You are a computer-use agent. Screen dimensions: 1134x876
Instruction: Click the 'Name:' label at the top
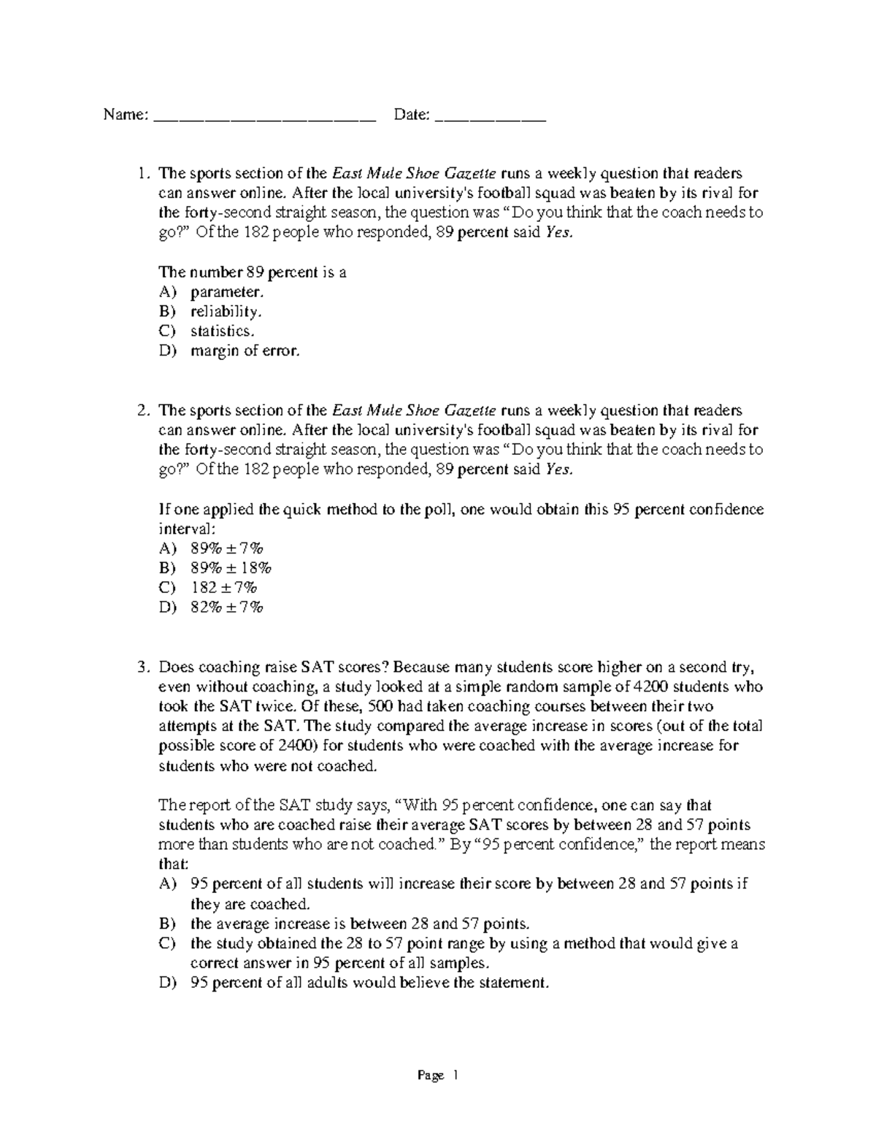pyautogui.click(x=126, y=115)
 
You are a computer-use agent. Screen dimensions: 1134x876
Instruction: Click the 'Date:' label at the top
pyautogui.click(x=411, y=115)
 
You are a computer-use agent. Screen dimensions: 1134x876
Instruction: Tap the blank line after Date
pyautogui.click(x=490, y=119)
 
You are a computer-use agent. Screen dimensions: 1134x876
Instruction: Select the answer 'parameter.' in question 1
pyautogui.click(x=226, y=292)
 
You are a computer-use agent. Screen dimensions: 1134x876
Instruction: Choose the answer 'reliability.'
pyautogui.click(x=226, y=312)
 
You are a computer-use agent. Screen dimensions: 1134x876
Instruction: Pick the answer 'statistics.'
pyautogui.click(x=223, y=331)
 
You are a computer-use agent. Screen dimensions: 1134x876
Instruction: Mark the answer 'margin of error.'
pyautogui.click(x=245, y=350)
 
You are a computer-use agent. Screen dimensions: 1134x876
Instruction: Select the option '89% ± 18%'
pyautogui.click(x=231, y=568)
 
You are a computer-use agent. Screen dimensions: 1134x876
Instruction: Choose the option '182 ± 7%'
pyautogui.click(x=225, y=588)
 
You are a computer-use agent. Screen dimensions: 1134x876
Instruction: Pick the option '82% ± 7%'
pyautogui.click(x=226, y=608)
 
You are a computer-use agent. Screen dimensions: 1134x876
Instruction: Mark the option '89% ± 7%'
pyautogui.click(x=226, y=548)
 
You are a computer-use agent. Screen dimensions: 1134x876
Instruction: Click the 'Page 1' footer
pyautogui.click(x=437, y=1076)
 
